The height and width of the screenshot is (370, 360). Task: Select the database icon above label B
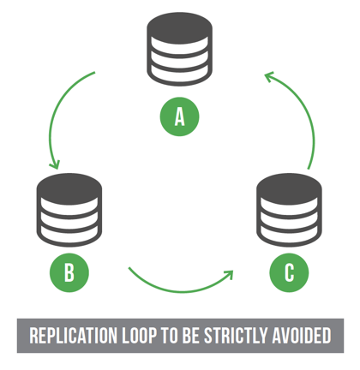tap(69, 208)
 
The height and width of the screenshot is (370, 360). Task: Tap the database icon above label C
tap(290, 208)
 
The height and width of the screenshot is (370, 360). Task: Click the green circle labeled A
tap(179, 116)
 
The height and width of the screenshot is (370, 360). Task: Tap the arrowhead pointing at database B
tap(56, 163)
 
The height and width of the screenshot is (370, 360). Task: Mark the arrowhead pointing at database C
tap(228, 275)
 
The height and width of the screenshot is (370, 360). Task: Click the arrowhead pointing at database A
tap(270, 77)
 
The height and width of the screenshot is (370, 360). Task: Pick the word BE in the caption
tap(196, 336)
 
